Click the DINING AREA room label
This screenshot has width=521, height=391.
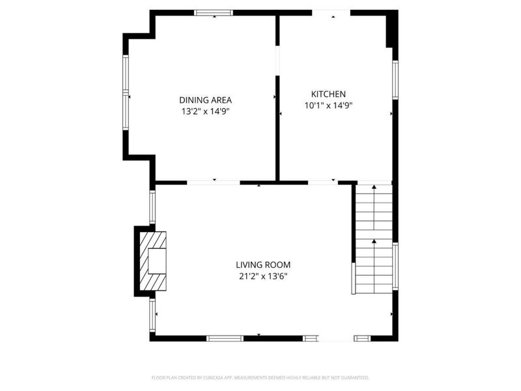pos(205,100)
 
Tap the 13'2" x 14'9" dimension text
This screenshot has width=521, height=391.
pos(205,111)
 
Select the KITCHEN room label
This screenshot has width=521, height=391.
pos(328,94)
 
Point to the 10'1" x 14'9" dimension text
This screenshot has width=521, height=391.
pos(328,106)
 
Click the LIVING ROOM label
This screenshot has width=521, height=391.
pos(263,265)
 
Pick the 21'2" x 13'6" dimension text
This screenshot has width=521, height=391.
pos(263,276)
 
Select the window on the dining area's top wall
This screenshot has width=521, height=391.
pos(214,12)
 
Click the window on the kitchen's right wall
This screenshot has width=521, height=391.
pos(395,80)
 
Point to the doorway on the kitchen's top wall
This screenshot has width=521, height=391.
pos(331,12)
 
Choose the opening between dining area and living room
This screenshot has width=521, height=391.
pos(214,182)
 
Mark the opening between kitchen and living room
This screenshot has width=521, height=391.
pos(322,182)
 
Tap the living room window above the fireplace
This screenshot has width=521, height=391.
pos(152,207)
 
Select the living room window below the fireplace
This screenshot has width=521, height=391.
pos(152,315)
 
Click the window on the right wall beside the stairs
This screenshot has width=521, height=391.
pos(395,267)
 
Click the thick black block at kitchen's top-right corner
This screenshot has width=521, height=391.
pos(391,29)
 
